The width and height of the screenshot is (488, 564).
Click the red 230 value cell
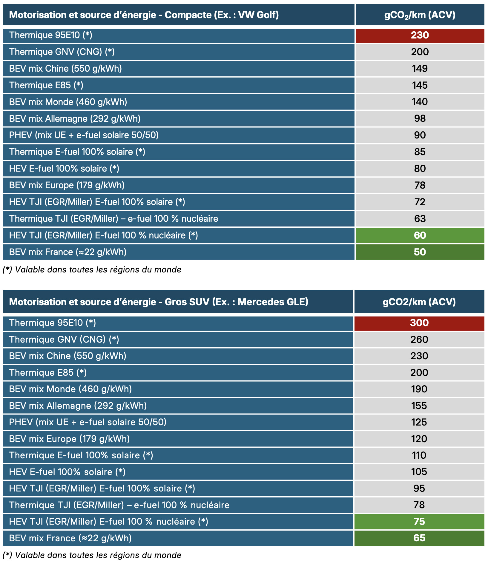[420, 35]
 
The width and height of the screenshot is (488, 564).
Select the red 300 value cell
[419, 323]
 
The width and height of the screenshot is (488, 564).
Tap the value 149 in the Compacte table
[420, 69]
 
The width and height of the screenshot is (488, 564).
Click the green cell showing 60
[420, 235]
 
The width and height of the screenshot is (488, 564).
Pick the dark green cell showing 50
[420, 252]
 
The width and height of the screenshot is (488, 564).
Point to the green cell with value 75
[419, 522]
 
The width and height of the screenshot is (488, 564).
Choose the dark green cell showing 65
[419, 538]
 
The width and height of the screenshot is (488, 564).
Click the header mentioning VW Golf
[144, 15]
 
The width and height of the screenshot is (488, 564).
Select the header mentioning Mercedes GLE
[159, 302]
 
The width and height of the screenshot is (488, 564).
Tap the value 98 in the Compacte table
[420, 118]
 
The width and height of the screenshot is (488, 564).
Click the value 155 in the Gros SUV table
[419, 406]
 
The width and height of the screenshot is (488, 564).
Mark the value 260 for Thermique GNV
[419, 340]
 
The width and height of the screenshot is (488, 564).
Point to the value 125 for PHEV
[419, 422]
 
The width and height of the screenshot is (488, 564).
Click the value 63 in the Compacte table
[420, 219]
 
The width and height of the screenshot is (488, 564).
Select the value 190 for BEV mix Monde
[419, 389]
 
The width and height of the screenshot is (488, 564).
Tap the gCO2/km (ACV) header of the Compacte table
[420, 15]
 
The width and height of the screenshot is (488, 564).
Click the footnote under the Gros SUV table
[92, 555]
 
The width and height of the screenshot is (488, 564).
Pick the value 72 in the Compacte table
[420, 202]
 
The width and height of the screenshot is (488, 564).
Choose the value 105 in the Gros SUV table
[419, 472]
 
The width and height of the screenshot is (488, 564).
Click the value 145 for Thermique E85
[420, 85]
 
